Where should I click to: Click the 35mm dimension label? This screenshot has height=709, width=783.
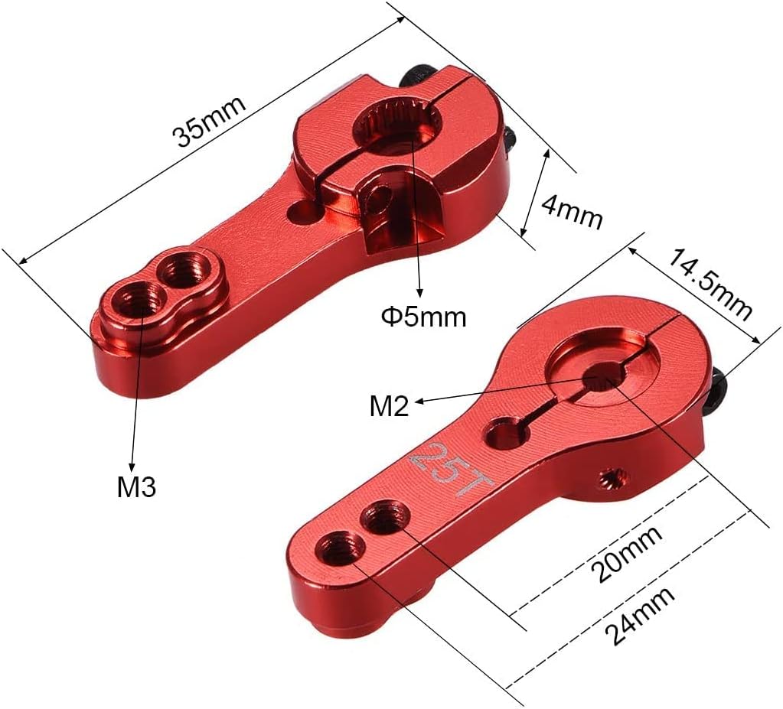coord(209,120)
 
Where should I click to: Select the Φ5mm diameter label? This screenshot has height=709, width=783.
coord(423,317)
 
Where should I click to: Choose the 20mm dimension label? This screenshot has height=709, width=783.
coord(626,554)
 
